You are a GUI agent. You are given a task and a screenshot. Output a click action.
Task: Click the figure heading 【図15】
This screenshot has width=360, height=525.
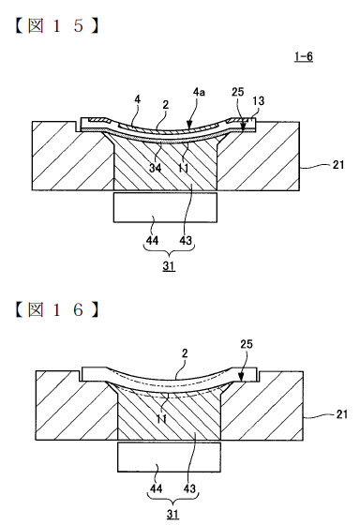57,26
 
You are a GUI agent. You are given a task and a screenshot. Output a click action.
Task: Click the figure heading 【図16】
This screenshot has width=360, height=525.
57,309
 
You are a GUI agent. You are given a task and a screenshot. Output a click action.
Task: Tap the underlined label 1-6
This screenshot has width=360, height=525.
304,56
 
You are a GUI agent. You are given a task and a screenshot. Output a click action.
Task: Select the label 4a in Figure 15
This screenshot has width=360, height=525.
199,92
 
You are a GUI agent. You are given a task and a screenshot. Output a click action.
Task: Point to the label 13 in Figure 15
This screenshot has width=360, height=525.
258,101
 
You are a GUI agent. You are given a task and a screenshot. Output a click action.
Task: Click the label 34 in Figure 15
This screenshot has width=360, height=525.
155,168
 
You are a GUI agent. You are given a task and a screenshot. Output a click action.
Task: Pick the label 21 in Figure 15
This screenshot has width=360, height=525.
338,165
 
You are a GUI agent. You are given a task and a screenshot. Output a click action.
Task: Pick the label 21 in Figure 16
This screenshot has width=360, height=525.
341,414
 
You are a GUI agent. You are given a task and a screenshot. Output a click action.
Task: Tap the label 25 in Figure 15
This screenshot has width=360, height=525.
238,92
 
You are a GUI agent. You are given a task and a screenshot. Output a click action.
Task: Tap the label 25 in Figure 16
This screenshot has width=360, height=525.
247,344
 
